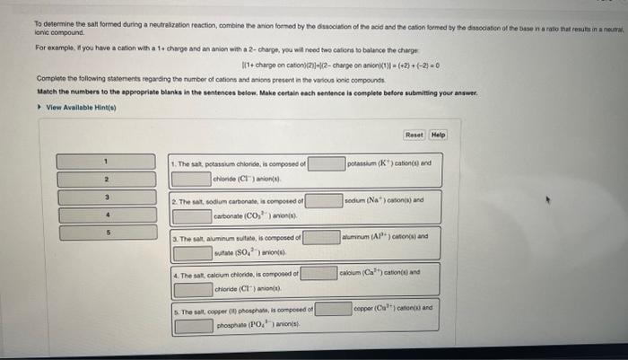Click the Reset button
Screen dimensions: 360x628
coord(414,135)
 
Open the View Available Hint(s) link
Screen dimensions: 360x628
coord(71,106)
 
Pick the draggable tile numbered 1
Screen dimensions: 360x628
coord(105,162)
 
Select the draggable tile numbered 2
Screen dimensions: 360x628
coord(105,180)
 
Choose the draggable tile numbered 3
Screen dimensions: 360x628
coord(105,198)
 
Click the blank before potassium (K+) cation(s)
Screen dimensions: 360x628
coord(327,163)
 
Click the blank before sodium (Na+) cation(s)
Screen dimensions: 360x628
coord(324,200)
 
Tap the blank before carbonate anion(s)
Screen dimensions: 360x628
coord(192,216)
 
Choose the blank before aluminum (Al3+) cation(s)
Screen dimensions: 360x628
coord(321,237)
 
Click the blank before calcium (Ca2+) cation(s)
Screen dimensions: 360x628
coord(318,272)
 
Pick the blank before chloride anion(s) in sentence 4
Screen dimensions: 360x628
coord(192,288)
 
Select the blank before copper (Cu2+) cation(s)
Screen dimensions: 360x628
coord(332,308)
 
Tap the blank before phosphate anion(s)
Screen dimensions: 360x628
coord(194,325)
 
